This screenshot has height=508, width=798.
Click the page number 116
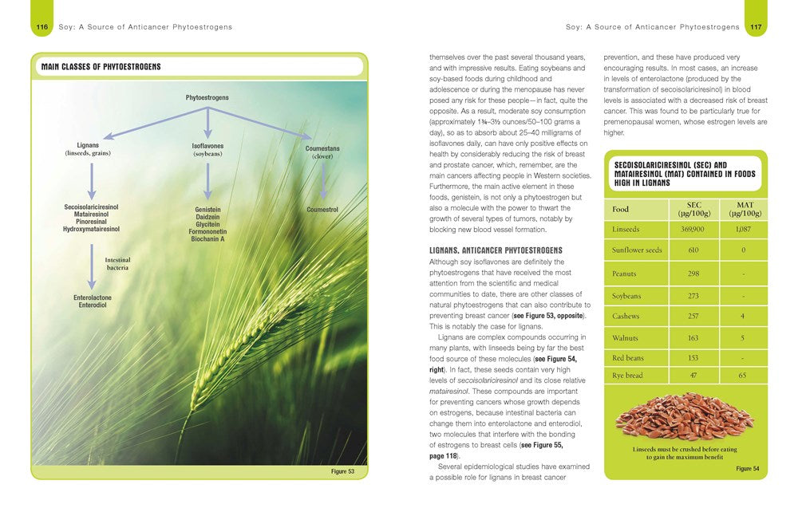point(41,27)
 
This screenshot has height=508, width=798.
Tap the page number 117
point(754,27)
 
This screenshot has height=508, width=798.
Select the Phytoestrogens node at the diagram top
point(207,97)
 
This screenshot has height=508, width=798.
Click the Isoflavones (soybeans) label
point(207,150)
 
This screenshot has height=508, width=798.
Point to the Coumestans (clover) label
point(322,152)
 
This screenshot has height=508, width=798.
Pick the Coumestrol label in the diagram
point(322,210)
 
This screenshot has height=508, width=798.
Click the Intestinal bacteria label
point(118,264)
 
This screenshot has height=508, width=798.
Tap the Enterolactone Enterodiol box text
point(93,301)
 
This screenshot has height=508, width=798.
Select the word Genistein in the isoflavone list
point(207,210)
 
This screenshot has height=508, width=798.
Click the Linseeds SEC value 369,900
point(693,230)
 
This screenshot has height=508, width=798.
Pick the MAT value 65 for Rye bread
point(742,374)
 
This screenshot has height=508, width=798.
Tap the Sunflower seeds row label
point(636,250)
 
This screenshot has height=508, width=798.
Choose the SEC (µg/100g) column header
point(693,209)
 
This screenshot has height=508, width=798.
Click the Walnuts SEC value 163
point(693,338)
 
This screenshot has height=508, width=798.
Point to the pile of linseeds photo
point(685,416)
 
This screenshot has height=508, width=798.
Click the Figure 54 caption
point(747,469)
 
